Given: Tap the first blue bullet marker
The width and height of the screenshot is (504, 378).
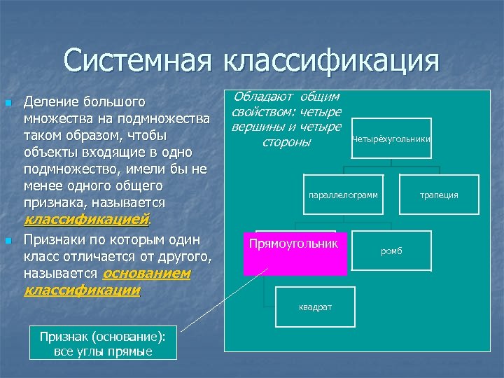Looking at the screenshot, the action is tap(8, 103).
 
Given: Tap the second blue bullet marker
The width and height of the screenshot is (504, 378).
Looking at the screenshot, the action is tap(8, 241).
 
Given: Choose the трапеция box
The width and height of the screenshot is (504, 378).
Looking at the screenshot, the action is tap(439, 195).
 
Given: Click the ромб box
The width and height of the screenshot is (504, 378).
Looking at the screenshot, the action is tap(391, 251).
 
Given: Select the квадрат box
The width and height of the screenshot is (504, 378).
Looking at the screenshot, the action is tap(315, 307).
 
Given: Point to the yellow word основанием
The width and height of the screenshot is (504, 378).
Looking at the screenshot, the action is tap(146, 273).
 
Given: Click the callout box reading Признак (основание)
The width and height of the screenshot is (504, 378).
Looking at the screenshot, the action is tap(103, 343).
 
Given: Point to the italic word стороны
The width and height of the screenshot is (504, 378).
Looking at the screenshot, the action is tap(286, 143).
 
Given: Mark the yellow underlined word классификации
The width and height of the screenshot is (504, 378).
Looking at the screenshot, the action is tap(82, 290).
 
